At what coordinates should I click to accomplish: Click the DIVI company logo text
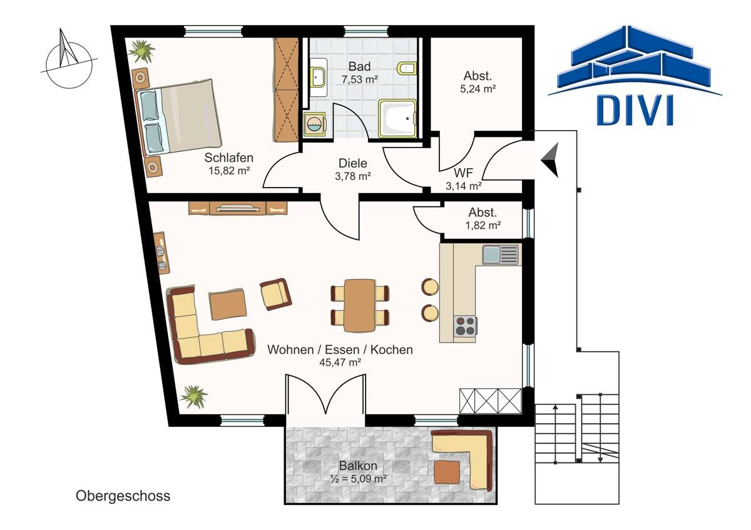pos(635,110)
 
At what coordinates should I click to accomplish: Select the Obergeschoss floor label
pos(123,496)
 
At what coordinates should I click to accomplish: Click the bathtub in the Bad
pos(397,118)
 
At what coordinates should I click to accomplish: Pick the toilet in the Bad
pos(407,69)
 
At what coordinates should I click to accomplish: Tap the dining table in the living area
pos(360,305)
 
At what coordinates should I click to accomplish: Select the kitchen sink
pos(500,254)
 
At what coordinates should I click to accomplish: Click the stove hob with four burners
pos(466,326)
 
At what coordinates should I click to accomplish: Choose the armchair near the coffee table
pos(275,294)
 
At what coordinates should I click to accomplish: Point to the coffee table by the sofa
pos(228,304)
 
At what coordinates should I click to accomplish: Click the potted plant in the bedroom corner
pos(141,51)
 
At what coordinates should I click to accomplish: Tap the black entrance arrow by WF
pos(550,160)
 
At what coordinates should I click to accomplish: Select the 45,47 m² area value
pos(340,362)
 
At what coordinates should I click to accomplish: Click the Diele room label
pos(353,163)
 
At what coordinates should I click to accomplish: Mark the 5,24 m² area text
pos(478,89)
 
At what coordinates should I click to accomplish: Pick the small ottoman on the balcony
pos(447,472)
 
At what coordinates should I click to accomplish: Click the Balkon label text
pos(358,466)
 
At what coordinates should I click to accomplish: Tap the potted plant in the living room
pos(193,397)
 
